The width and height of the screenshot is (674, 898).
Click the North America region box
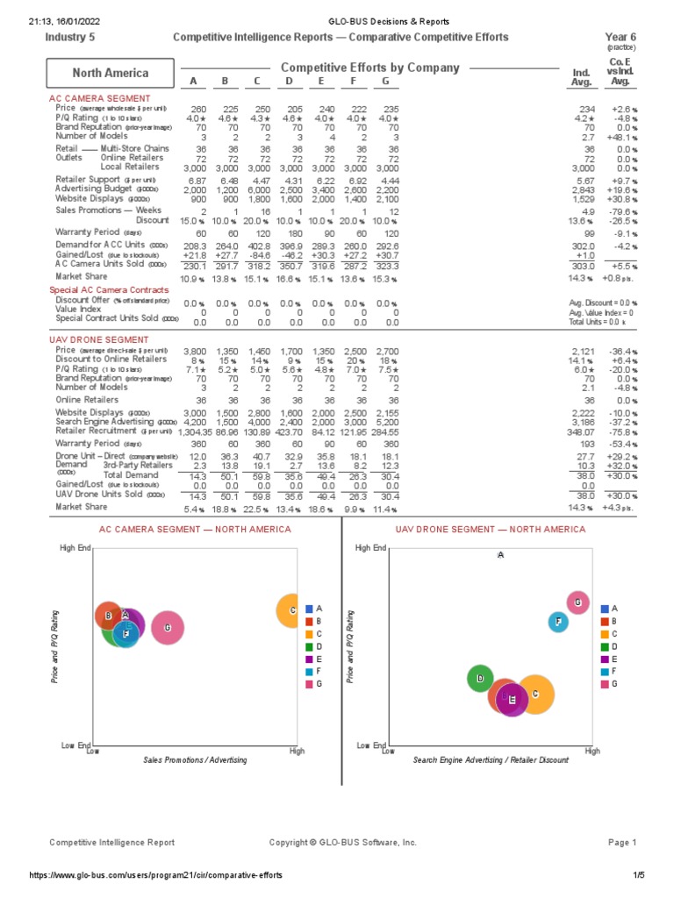click(110, 73)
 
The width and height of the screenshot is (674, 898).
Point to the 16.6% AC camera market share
click(290, 278)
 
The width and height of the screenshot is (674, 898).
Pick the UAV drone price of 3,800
click(194, 351)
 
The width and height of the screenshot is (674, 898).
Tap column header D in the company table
click(290, 82)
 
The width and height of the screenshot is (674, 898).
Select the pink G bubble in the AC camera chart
click(167, 628)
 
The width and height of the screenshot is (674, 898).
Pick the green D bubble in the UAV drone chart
click(480, 679)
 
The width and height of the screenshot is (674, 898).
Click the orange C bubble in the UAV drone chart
click(534, 694)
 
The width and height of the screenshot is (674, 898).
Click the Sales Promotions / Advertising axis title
click(195, 759)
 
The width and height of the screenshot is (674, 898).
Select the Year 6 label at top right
click(620, 38)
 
